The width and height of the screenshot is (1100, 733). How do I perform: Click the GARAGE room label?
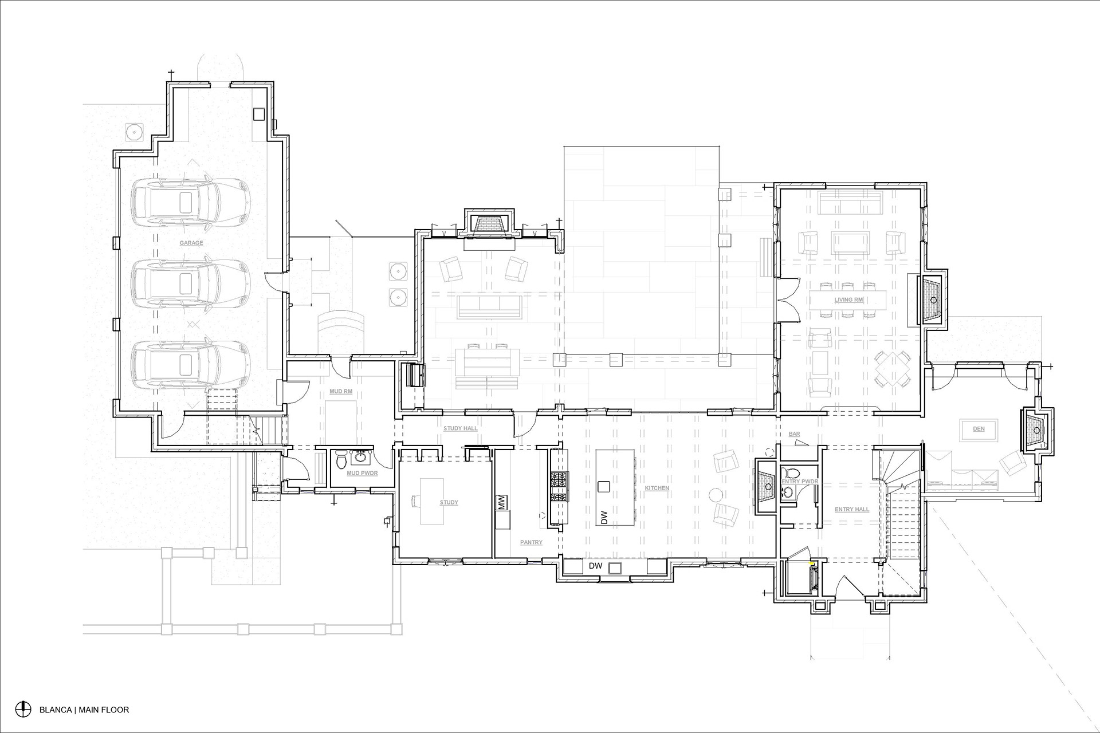[x=191, y=243]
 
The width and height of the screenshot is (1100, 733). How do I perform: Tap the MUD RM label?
[x=341, y=392]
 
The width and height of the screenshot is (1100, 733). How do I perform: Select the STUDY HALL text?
[x=461, y=428]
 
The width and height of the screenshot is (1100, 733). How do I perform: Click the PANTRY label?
[x=531, y=542]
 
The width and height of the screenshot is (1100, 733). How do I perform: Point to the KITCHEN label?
[x=657, y=488]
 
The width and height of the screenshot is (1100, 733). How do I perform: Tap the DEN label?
[x=979, y=429]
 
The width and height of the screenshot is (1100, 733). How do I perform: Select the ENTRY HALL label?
[x=852, y=510]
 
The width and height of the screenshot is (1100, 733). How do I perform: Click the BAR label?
[x=794, y=435]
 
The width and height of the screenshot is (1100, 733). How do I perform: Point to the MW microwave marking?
[x=501, y=503]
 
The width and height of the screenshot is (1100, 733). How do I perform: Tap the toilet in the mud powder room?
[x=342, y=459]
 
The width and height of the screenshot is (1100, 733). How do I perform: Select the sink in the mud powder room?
[x=361, y=457]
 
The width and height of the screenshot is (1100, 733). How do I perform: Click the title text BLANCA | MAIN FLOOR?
[x=84, y=710]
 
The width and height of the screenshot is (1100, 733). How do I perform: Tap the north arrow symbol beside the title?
[x=23, y=709]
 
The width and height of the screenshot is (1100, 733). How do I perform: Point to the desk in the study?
[x=432, y=502]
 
